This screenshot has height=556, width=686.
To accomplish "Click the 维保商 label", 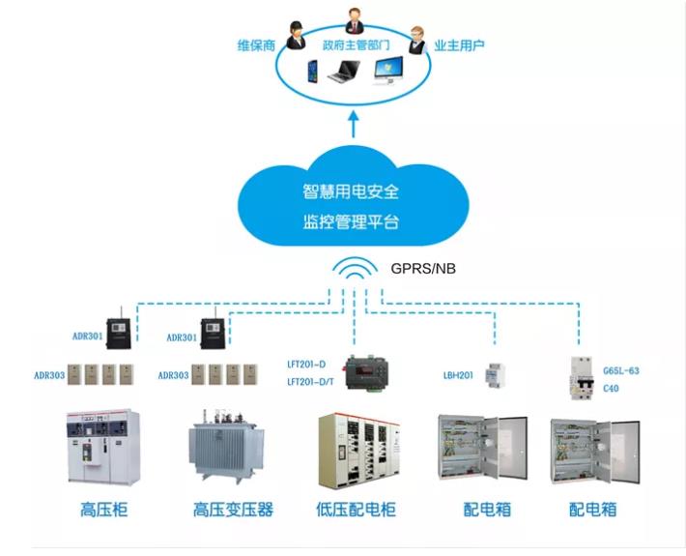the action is coord(256,45).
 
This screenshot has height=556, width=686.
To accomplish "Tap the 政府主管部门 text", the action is coord(357,45).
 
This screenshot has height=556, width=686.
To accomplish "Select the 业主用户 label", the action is coord(459,45).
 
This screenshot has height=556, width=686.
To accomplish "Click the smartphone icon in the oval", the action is coord(312,71).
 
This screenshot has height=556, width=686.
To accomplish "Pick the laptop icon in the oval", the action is coord(344,72).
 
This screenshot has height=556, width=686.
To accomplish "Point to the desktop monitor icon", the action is coord(388,71).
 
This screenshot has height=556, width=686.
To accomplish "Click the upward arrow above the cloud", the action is coord(354,124).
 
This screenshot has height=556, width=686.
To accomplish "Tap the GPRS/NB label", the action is coord(423,269).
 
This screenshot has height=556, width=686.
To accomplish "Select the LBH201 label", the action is coord(458,375).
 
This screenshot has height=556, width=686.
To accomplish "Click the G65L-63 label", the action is coord(621,370).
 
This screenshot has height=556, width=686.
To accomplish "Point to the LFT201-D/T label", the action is coord(310,382).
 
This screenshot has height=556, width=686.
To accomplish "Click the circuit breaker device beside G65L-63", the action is coord(583,378).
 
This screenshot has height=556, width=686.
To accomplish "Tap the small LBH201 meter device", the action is coord(496,375).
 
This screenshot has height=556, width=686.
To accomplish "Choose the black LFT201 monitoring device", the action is coord(366,372).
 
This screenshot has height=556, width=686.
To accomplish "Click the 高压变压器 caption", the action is coord(233,510).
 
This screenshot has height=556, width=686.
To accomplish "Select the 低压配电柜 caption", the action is coord(357,510).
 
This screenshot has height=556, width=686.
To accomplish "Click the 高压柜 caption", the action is coord(103,510).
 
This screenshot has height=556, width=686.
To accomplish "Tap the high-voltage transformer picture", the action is coord(226,446).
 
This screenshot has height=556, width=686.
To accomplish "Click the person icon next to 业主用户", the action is coord(417,41).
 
